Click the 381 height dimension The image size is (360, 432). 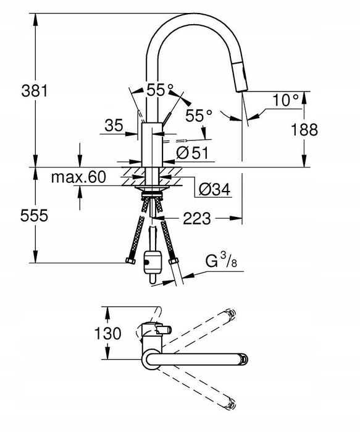[35, 91]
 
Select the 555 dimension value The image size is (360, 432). [34, 216]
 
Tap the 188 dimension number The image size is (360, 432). [304, 129]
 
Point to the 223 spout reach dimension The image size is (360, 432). [197, 219]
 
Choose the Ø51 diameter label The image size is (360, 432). [192, 153]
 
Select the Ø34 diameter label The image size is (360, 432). [215, 189]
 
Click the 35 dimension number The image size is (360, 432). [114, 126]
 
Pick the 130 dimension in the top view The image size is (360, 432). [107, 333]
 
